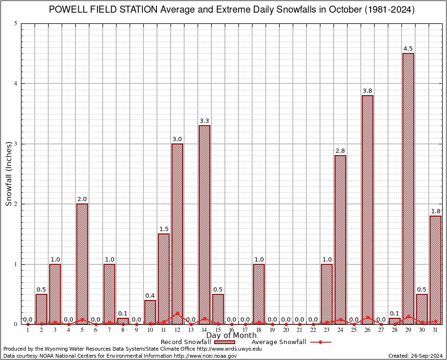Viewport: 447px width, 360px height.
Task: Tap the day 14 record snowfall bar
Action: click(x=204, y=225)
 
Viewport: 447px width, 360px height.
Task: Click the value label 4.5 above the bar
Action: click(x=408, y=49)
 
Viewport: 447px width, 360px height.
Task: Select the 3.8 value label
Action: click(x=367, y=91)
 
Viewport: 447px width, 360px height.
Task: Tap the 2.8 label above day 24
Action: click(x=340, y=151)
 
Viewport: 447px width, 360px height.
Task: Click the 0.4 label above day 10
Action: click(x=150, y=295)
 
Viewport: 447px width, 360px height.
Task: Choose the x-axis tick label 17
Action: click(x=245, y=330)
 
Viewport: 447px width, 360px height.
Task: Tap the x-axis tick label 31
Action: click(x=435, y=330)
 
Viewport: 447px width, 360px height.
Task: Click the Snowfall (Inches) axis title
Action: click(x=8, y=174)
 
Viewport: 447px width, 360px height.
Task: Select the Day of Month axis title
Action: click(x=231, y=336)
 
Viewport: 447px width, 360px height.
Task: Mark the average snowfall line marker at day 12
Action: click(x=177, y=313)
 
